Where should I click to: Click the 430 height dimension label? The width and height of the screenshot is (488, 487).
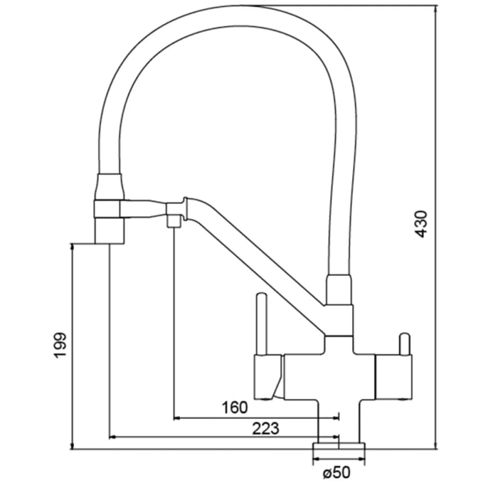click(x=422, y=224)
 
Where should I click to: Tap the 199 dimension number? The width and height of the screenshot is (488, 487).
click(x=60, y=346)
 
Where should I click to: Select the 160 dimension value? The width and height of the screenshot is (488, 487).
click(x=235, y=407)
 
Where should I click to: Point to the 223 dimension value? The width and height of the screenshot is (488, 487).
click(x=266, y=429)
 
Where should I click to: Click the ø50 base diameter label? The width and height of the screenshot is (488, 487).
click(x=337, y=472)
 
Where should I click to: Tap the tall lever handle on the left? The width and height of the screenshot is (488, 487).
click(x=262, y=324)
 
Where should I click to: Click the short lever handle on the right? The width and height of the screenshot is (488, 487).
click(x=405, y=344)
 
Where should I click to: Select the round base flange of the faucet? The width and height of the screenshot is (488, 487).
click(x=339, y=446)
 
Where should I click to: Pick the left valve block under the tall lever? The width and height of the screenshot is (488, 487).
click(x=268, y=377)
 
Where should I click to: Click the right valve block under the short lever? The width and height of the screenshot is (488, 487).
click(x=394, y=377)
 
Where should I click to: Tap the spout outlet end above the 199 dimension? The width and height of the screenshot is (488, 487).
click(x=109, y=230)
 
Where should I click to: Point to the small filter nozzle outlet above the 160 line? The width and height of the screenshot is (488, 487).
click(x=174, y=220)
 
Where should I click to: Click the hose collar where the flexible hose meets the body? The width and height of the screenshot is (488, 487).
click(x=339, y=289)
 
